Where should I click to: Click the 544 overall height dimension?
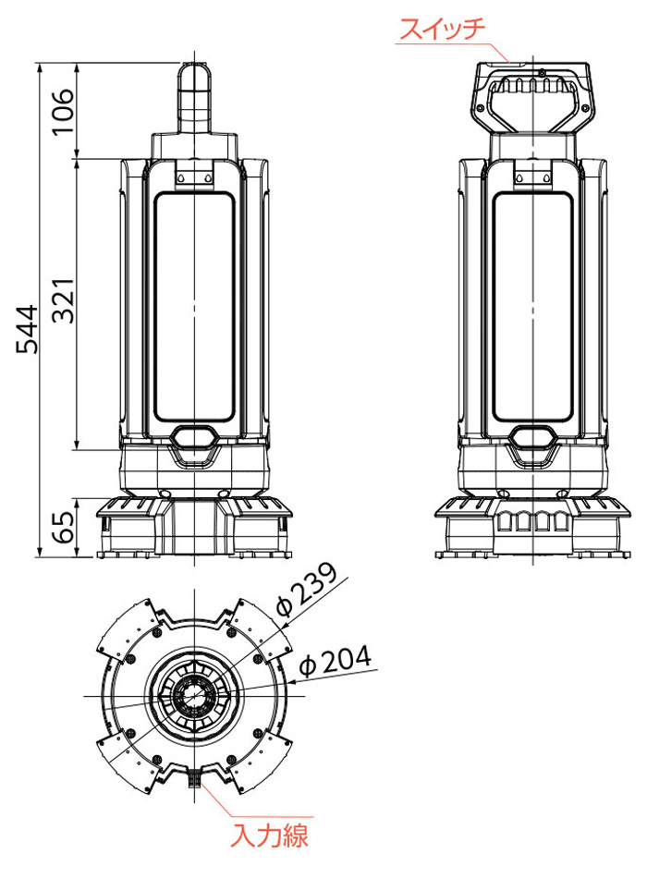coord(27,329)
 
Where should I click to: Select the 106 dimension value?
coord(63,111)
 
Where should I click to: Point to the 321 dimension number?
coord(63,300)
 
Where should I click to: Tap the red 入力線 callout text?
coord(270,836)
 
